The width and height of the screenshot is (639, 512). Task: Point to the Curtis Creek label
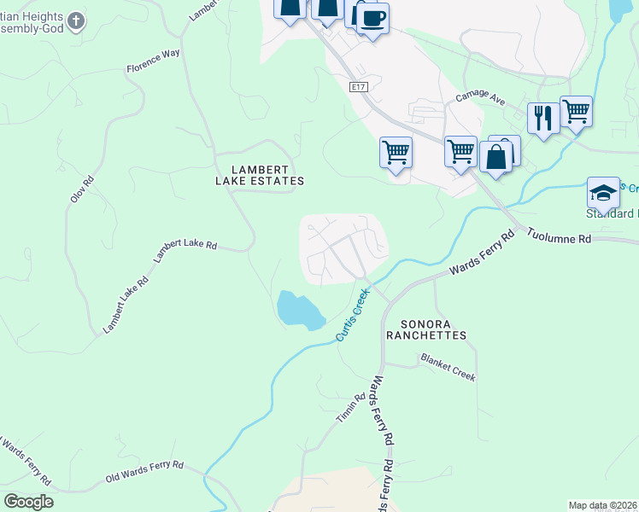(x=353, y=315)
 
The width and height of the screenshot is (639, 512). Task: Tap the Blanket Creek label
(x=447, y=368)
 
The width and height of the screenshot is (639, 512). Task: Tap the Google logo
(x=28, y=501)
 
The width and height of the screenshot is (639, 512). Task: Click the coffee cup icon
(x=372, y=18)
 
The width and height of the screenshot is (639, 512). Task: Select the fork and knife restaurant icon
(x=543, y=117)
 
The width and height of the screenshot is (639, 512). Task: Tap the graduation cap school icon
(x=603, y=192)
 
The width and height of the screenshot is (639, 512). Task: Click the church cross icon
(x=76, y=20)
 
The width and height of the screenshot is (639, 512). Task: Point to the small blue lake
(x=299, y=309)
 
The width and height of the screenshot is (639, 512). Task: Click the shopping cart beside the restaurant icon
(x=576, y=111)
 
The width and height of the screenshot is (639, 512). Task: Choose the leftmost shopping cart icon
(x=396, y=153)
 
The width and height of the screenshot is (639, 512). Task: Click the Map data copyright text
(x=603, y=505)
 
